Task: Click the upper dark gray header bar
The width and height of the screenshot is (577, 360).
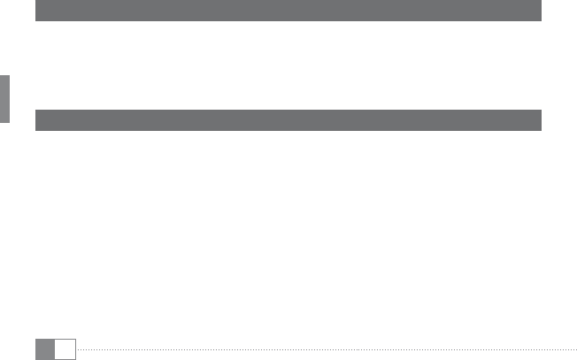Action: [x=288, y=11]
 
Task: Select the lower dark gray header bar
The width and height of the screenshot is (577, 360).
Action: [x=288, y=120]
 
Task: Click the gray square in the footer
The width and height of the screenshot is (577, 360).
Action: [x=45, y=349]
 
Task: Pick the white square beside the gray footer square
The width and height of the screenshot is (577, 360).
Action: [x=65, y=349]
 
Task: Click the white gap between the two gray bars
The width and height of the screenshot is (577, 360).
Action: [x=288, y=65]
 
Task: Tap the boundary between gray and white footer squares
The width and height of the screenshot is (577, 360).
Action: [x=55, y=349]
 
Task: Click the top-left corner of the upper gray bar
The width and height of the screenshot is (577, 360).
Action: [x=36, y=2]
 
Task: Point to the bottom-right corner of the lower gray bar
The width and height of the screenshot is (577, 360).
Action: [x=541, y=130]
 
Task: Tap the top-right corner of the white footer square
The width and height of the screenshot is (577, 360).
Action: [x=75, y=339]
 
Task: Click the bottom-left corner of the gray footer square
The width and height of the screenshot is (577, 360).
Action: [x=36, y=358]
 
